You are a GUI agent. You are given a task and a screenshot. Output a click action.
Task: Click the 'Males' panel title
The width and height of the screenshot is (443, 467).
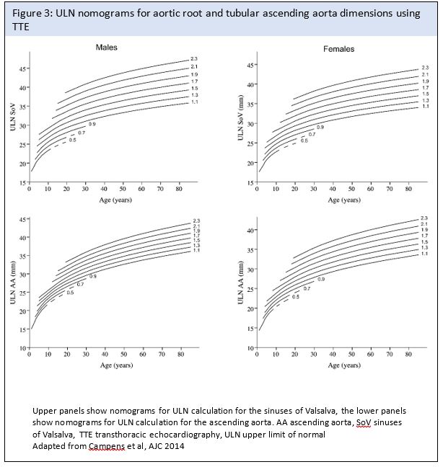click(107, 48)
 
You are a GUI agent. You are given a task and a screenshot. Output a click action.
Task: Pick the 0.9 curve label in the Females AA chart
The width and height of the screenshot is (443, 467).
click(320, 278)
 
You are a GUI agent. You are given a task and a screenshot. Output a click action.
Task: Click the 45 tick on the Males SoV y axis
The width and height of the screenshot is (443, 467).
click(22, 68)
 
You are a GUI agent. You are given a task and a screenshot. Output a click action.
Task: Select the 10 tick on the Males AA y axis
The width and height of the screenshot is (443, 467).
click(22, 349)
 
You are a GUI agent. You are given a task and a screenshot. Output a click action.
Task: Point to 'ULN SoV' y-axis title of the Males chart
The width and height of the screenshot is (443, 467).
click(12, 119)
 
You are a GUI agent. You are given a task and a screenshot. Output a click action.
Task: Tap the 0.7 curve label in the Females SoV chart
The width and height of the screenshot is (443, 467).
click(312, 134)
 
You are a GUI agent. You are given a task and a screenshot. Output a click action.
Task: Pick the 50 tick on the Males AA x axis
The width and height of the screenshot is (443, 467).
click(123, 355)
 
